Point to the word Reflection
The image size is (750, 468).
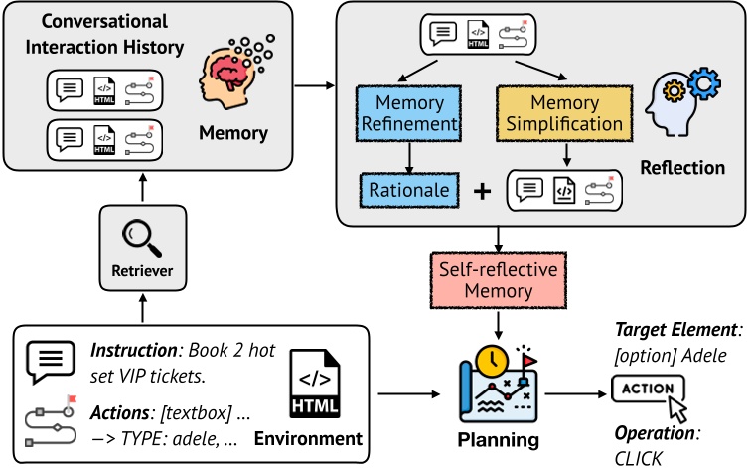pos(684,167)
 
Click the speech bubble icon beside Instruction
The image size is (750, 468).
pos(47,361)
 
